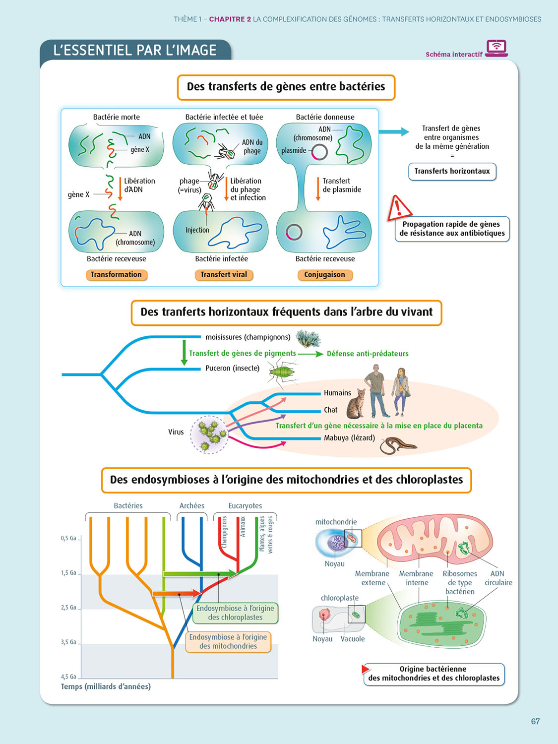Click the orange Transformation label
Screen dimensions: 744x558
(116, 275)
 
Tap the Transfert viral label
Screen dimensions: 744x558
(224, 275)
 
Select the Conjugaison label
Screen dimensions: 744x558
(324, 275)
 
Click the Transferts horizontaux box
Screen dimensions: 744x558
(452, 171)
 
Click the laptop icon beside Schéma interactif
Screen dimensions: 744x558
(496, 48)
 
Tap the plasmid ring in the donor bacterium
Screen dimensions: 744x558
(319, 152)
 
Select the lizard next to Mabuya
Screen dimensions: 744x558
(398, 444)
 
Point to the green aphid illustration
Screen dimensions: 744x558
(282, 371)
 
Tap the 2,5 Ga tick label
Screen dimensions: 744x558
(68, 608)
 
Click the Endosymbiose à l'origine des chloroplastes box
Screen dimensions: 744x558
(235, 613)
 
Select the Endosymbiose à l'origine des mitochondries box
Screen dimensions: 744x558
(228, 642)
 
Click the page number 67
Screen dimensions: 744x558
(535, 722)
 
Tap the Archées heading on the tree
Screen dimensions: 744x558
(192, 506)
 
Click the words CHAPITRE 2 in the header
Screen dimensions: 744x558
(230, 19)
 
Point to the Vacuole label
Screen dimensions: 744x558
(353, 639)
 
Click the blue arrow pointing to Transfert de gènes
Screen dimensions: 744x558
(394, 132)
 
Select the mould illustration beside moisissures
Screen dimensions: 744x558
(308, 339)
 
